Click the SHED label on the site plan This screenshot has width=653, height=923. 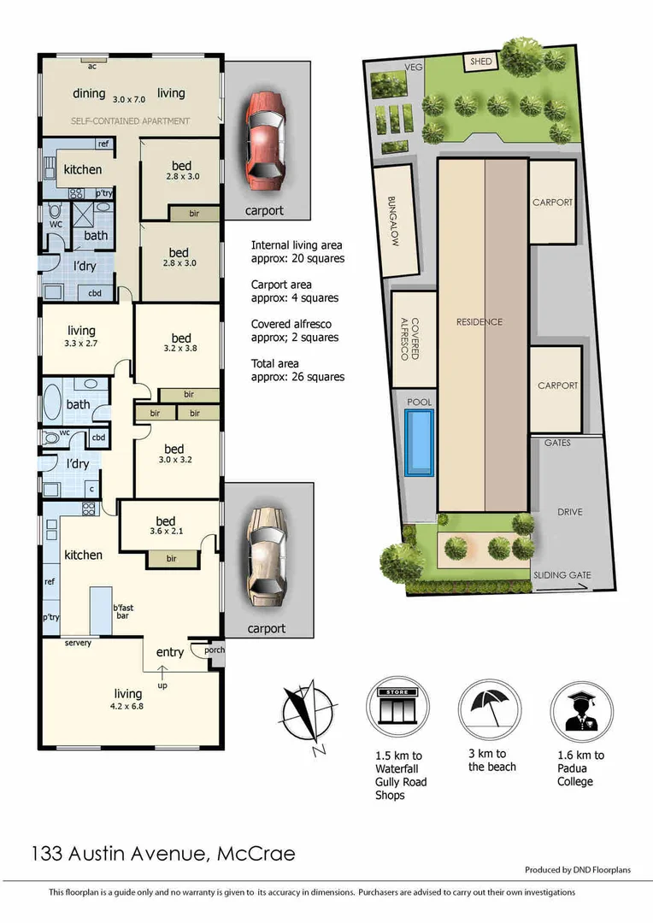(x=479, y=62)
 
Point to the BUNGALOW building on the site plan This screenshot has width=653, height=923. (x=395, y=220)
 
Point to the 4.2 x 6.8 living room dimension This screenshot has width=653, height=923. (x=126, y=707)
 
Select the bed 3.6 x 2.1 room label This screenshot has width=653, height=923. (x=165, y=527)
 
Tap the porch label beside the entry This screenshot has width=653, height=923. (x=214, y=650)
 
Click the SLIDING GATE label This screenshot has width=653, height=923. (x=562, y=575)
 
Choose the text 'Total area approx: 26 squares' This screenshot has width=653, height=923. (x=297, y=370)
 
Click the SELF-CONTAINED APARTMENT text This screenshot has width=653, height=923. (x=131, y=121)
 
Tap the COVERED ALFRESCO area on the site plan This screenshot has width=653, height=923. (x=414, y=338)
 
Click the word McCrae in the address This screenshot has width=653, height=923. (x=256, y=852)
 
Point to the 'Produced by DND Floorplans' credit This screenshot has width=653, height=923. (x=577, y=870)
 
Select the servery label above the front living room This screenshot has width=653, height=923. (x=77, y=643)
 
